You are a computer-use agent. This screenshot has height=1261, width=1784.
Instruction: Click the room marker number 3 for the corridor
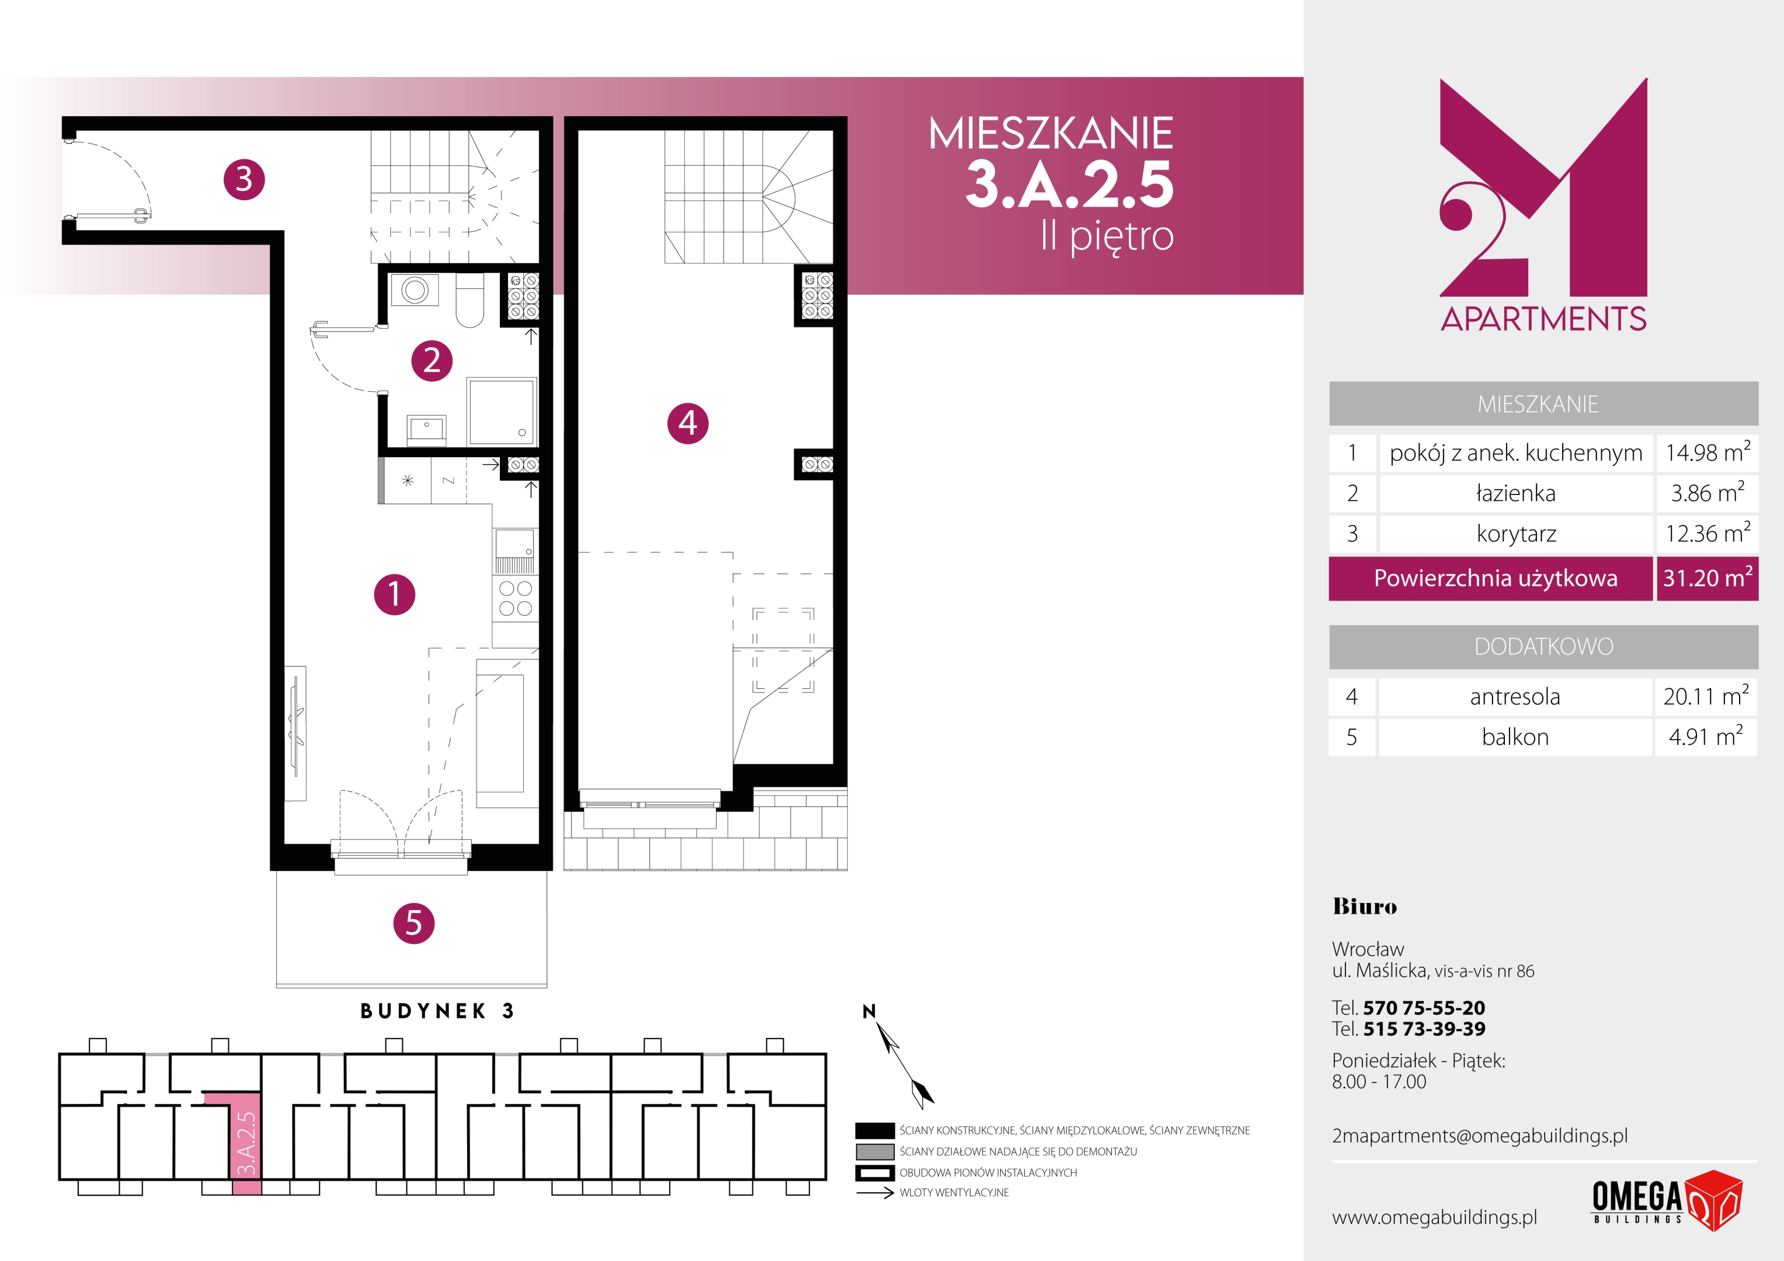[244, 179]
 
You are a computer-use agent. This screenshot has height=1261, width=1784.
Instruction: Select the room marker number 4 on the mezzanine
[688, 423]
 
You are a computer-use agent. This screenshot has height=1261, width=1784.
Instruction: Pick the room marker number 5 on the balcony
[413, 923]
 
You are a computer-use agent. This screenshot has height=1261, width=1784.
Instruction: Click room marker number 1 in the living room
[394, 594]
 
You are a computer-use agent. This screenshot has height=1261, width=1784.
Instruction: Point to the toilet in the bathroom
[470, 301]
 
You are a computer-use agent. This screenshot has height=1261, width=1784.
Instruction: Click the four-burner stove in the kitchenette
[515, 598]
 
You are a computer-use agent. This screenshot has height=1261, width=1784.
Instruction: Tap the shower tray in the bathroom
[502, 412]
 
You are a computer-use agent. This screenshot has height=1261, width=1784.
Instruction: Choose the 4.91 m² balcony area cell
[1706, 736]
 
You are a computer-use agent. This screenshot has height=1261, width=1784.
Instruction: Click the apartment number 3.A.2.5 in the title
[1069, 185]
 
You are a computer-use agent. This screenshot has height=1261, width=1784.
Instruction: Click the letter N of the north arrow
[869, 1011]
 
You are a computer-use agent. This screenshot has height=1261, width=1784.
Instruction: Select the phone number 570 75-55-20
[1424, 1008]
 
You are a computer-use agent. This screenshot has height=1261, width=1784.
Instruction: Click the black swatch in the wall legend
[874, 1130]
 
